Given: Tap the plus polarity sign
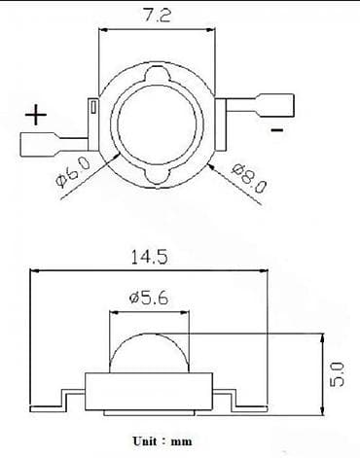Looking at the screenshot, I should (36, 116).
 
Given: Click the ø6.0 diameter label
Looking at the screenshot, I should (74, 172).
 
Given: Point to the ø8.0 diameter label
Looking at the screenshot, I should (249, 178).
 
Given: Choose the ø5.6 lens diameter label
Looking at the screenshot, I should (149, 299).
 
